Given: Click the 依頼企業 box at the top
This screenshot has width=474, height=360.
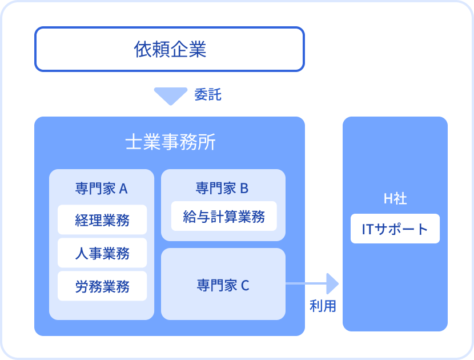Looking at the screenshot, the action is coord(170,49).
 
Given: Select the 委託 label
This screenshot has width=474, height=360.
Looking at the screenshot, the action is coord(208,95).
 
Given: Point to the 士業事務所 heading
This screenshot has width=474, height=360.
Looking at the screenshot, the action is coord(170,142).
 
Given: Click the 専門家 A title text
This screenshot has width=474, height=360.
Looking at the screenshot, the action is coord(102,189).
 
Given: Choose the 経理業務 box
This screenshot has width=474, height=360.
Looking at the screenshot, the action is coord(102,219).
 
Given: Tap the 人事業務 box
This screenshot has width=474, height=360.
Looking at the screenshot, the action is coord(102,253).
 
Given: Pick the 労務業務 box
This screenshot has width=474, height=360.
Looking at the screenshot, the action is coord(102,286).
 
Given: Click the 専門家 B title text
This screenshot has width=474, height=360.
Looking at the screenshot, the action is coord(222,188).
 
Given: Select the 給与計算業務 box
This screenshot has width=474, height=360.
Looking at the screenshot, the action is coord(224,216).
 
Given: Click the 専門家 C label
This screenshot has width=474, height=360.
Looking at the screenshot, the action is coord(223,285).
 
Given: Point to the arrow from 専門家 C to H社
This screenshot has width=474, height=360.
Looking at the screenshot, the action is coord(312,284).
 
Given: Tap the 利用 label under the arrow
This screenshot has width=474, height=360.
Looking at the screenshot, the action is coord(323,306).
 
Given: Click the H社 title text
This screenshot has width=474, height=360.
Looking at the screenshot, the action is coord(395,198).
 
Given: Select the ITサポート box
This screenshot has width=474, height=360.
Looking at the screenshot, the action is coord(395,229).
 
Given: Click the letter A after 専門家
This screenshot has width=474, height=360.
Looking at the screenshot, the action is coord(123,189).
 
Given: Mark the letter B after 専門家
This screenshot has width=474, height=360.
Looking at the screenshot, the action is coord(244,189).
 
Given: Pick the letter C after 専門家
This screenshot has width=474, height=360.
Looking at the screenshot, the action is coord(245,286).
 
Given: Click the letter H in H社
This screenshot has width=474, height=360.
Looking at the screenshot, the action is coord(388,199).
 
